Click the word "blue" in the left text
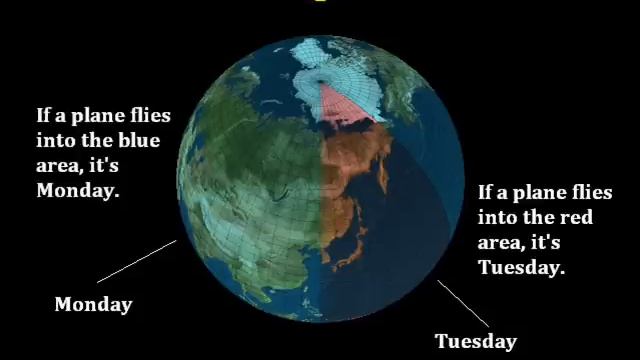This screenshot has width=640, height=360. pos(138,141)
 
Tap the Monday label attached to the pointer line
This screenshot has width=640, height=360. pos(93,304)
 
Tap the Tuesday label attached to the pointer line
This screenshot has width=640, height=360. pos(475,342)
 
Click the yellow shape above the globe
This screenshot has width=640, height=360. pos(320,3)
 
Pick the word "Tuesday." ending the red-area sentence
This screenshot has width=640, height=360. pos(521,267)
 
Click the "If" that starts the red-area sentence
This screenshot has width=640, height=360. pos(486,193)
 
